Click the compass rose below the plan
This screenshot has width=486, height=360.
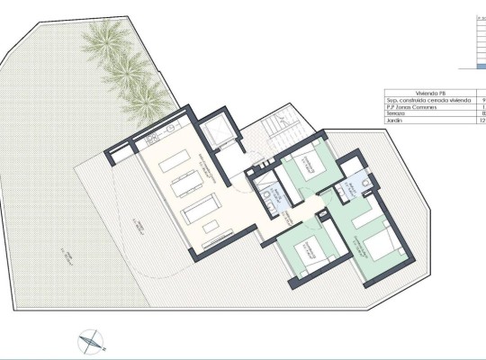pyautogui.click(x=92, y=339)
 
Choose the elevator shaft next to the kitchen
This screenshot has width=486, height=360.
pyautogui.click(x=218, y=134)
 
